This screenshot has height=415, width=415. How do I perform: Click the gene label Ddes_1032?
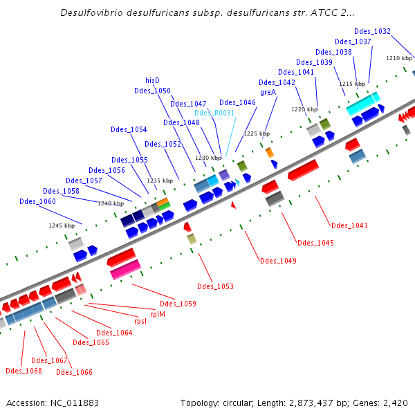(372, 32)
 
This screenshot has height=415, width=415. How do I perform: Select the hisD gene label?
(152, 80)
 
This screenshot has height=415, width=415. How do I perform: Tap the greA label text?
(268, 92)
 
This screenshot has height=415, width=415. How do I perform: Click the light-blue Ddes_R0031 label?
(214, 113)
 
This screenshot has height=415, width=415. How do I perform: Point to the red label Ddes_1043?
(349, 225)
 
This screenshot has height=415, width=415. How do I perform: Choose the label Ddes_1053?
(215, 286)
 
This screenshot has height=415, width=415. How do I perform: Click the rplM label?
(158, 314)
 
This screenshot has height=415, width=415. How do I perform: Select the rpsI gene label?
(140, 321)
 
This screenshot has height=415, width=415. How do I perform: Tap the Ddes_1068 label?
(24, 371)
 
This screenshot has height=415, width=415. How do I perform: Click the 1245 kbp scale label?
(61, 225)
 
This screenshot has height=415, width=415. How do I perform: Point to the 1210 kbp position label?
(399, 58)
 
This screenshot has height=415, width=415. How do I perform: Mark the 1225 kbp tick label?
(256, 133)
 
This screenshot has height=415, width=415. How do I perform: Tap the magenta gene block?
(125, 270)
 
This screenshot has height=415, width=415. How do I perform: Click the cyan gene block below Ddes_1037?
(362, 104)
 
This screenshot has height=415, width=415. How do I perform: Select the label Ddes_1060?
(37, 201)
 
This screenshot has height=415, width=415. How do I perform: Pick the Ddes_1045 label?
(315, 243)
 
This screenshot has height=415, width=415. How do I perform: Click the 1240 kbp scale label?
(111, 203)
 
